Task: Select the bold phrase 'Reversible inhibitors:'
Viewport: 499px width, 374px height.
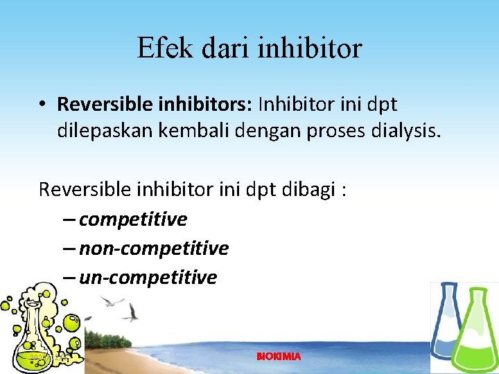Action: tap(155, 105)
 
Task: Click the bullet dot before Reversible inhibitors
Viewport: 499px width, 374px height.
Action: tap(43, 105)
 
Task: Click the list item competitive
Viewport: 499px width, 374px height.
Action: tap(132, 220)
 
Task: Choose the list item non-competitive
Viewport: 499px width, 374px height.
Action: tap(153, 248)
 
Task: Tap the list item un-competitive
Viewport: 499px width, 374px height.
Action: tap(148, 278)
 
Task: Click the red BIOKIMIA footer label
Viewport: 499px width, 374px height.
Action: tap(279, 356)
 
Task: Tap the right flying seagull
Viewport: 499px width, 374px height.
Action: tap(131, 312)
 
